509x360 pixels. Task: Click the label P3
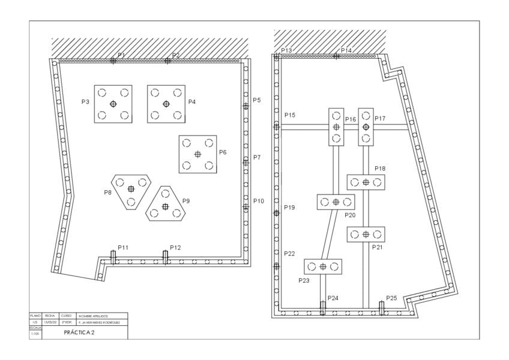[x=86, y=102]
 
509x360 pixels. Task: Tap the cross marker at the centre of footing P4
[x=166, y=104]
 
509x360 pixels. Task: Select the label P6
[x=223, y=152]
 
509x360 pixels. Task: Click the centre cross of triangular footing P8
[x=131, y=188]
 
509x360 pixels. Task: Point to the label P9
[x=186, y=201]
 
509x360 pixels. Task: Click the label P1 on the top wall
[x=121, y=55]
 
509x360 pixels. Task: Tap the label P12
[x=175, y=247]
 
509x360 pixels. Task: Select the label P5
[x=257, y=100]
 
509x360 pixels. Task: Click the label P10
[x=259, y=201]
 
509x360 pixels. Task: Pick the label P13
[x=286, y=51]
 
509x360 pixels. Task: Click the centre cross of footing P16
[x=336, y=127]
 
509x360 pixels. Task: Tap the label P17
[x=380, y=119]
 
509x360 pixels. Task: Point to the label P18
[x=380, y=169]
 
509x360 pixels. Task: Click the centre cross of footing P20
[x=336, y=202]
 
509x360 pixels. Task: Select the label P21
[x=378, y=247]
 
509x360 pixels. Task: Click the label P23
[x=304, y=280]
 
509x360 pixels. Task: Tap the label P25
[x=391, y=298]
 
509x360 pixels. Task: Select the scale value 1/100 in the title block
[x=35, y=334]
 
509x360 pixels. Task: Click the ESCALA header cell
[x=35, y=328]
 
